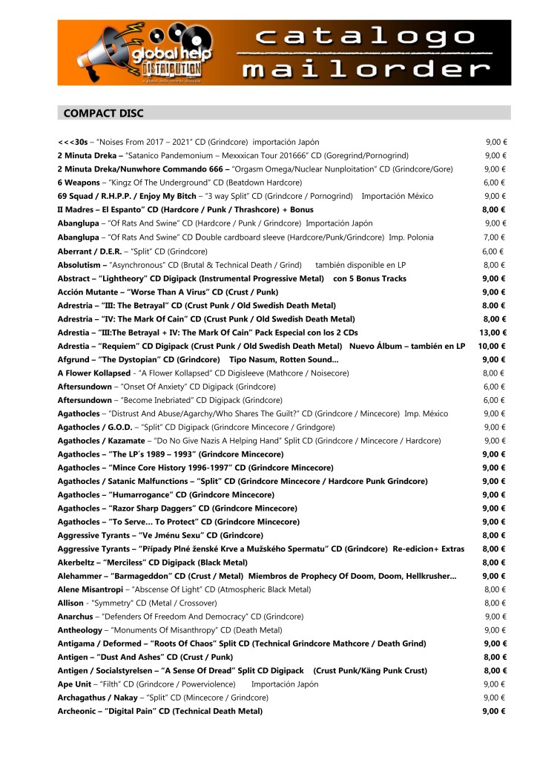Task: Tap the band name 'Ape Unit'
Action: click(76, 684)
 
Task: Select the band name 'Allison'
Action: click(70, 603)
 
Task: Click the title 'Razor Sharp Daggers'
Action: click(155, 508)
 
